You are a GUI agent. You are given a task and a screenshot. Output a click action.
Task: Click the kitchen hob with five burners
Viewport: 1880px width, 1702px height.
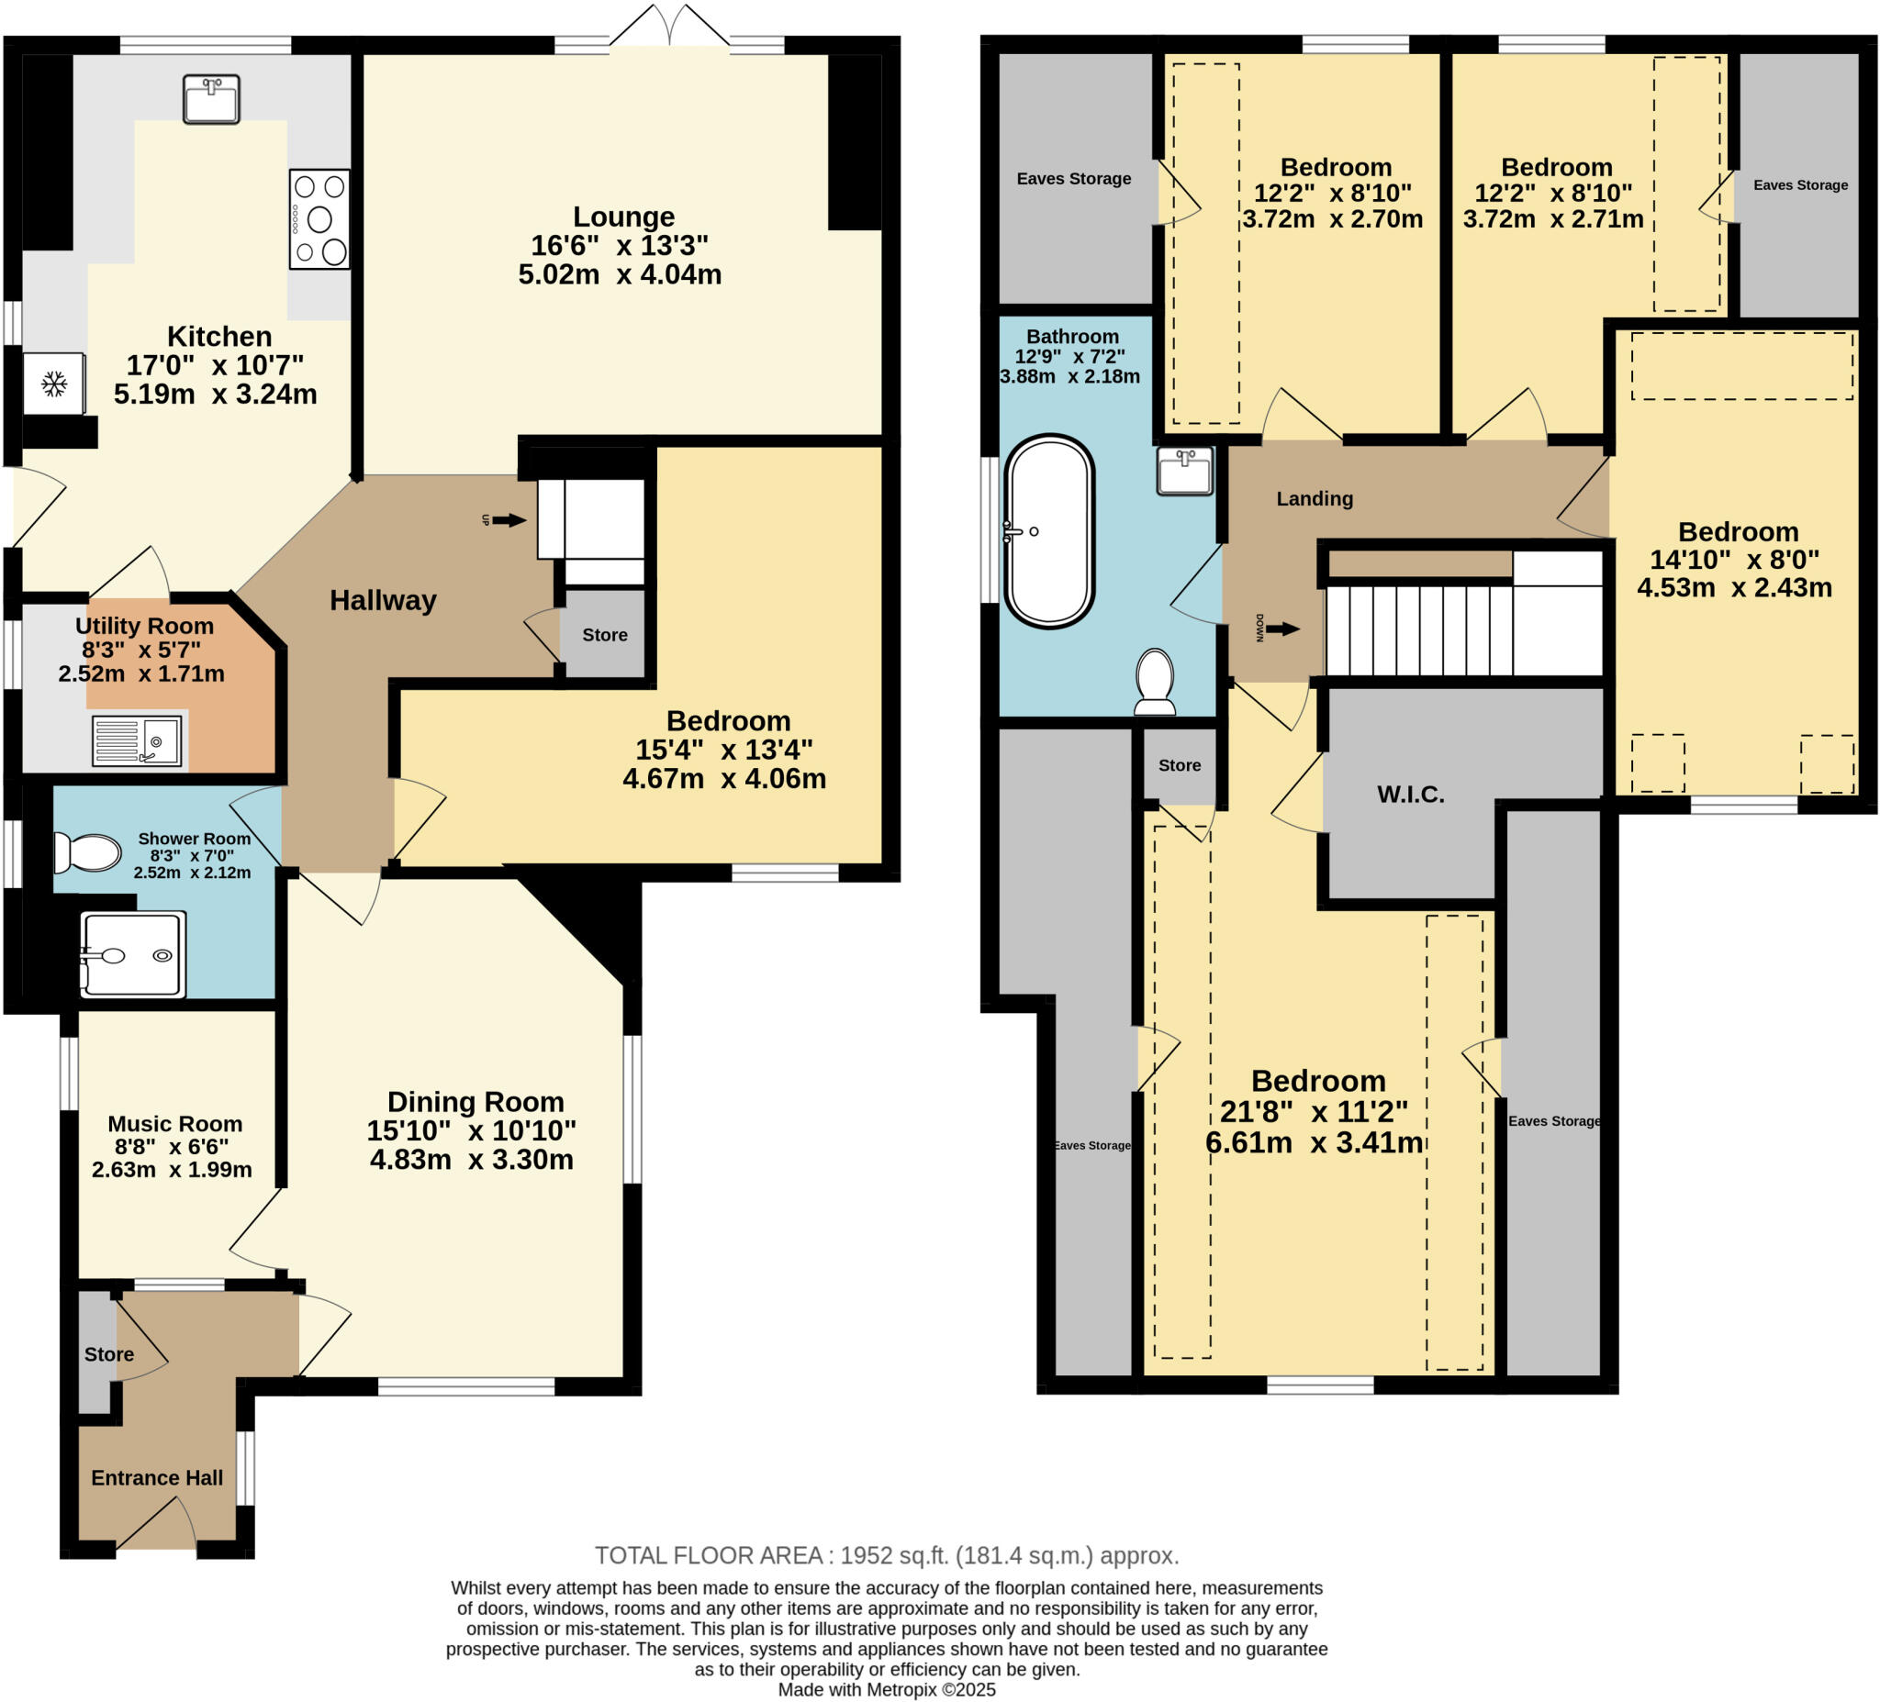point(319,219)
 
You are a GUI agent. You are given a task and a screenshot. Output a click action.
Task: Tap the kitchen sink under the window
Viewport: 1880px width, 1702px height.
point(212,100)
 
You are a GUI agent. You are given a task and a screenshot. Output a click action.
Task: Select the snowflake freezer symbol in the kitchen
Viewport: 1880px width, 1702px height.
point(54,384)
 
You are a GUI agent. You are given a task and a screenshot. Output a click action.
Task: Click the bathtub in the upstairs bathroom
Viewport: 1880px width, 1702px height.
point(1049,530)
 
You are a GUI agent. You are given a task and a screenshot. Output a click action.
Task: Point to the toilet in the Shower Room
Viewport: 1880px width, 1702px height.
point(90,852)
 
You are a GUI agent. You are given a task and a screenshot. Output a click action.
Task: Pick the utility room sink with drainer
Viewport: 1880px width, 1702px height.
point(137,741)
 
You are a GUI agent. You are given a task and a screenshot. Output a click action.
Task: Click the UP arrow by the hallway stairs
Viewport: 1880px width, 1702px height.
point(509,520)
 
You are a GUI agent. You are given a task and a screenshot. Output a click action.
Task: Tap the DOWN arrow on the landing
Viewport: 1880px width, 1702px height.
point(1282,629)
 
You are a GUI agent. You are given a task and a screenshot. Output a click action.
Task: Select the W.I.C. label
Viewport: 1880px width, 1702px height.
point(1410,795)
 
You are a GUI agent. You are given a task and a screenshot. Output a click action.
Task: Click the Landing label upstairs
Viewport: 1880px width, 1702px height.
point(1314,498)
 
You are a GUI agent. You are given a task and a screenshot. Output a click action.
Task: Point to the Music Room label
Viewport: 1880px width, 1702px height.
point(174,1124)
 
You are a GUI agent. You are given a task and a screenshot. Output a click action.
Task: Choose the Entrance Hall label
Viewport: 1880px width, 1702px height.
point(157,1477)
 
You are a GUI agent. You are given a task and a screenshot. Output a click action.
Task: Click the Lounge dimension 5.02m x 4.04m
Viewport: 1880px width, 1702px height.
point(621,275)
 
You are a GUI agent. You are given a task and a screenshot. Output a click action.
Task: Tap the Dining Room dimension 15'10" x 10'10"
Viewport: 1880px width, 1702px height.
point(471,1130)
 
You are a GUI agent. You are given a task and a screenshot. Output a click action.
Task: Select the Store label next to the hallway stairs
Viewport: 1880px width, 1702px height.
point(604,635)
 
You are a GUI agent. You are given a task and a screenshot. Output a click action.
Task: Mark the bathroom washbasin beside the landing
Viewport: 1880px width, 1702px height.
point(1184,470)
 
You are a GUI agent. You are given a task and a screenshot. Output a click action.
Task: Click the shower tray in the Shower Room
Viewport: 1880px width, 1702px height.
point(132,955)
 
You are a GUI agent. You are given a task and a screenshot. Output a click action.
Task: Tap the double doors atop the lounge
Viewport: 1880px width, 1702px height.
point(669,26)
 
